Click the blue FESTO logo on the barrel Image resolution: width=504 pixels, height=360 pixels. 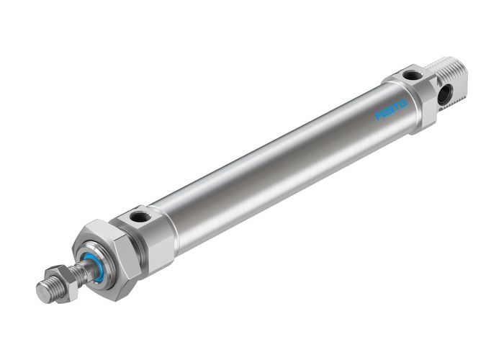pos(391,109)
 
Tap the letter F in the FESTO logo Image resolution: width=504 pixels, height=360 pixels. pos(378,116)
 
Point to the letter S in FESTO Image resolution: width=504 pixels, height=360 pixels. pos(390,109)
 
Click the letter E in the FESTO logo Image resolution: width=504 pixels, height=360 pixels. pos(384,113)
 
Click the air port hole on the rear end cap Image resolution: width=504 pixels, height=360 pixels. pos(412,75)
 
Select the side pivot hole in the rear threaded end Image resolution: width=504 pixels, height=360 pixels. pos(445,93)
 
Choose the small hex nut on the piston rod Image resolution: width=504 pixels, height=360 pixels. pos(60,277)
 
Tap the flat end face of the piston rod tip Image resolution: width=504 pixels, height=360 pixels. pos(43,292)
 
